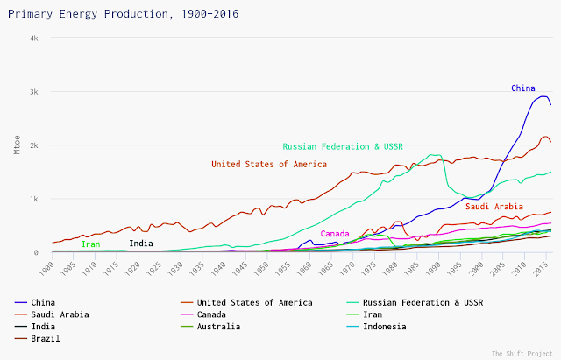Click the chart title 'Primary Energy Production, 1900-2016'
[x=121, y=15]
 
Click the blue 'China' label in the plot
[x=523, y=88]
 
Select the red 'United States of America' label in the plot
[x=269, y=164]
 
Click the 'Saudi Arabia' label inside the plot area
[x=494, y=207]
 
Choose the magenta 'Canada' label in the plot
[x=335, y=234]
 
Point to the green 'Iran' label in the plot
[x=90, y=244]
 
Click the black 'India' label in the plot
[x=140, y=244]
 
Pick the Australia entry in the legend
[x=216, y=327]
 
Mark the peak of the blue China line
[x=543, y=96]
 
